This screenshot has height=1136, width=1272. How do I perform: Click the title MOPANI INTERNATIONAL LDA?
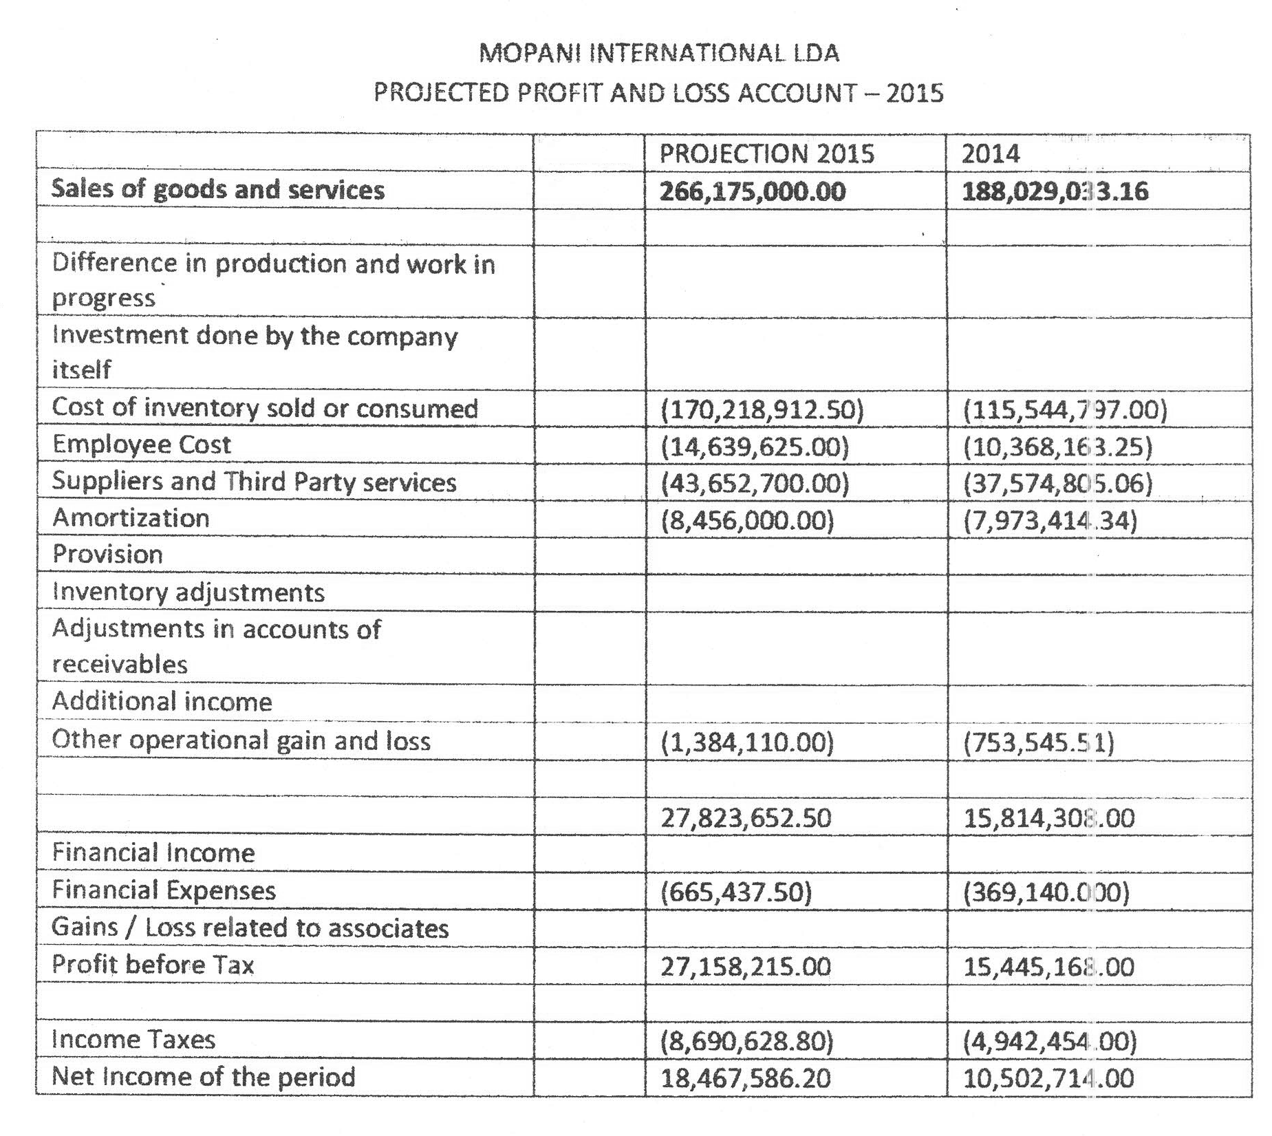[x=658, y=53]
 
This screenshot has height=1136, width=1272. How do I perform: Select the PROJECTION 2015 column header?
[x=766, y=153]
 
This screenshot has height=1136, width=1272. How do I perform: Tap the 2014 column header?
[x=990, y=153]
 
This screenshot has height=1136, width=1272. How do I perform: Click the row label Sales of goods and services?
[x=218, y=190]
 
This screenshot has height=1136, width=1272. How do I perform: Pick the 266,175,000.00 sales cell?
[x=753, y=191]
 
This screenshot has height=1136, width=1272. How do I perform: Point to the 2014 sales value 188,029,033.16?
[x=1055, y=191]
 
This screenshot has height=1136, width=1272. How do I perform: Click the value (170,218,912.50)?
[x=762, y=410]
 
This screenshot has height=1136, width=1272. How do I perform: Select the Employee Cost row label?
[x=142, y=444]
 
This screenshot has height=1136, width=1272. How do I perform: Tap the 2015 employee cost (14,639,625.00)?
[x=755, y=447]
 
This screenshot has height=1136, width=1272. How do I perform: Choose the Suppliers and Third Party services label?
[x=254, y=482]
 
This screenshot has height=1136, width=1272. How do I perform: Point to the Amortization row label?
[x=131, y=518]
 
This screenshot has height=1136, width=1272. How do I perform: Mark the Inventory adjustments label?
[x=188, y=592]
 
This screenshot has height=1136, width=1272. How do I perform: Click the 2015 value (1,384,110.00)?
[x=747, y=742]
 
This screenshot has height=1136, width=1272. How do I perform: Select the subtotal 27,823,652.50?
[x=746, y=818]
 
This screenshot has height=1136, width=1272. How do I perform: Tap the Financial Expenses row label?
[x=164, y=890]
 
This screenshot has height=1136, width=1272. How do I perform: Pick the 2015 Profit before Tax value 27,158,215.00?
[x=746, y=967]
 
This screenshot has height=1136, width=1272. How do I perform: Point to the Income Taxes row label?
[x=133, y=1039]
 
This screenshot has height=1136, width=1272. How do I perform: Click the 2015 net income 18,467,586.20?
[x=746, y=1078]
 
